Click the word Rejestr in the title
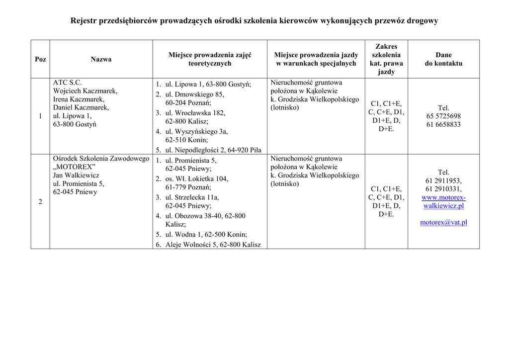tap(84, 21)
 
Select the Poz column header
tap(40, 59)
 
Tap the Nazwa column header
tap(101, 59)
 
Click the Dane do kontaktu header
tap(443, 59)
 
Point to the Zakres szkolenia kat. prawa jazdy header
tap(386, 59)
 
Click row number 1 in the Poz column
tap(40, 116)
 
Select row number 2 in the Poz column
tap(40, 201)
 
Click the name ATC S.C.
tap(67, 83)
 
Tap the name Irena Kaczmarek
tap(79, 99)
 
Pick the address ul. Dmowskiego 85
tap(195, 94)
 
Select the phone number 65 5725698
tap(443, 116)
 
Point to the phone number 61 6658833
tap(443, 124)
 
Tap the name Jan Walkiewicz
tap(76, 175)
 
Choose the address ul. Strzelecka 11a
tap(192, 197)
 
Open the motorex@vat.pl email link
tap(443, 222)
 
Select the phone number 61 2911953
tap(443, 180)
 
